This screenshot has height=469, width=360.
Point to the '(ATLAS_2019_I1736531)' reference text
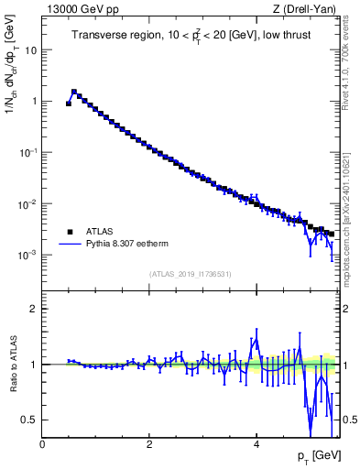[189, 274]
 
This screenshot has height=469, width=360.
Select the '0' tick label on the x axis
[42, 444]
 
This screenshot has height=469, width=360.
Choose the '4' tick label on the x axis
[256, 444]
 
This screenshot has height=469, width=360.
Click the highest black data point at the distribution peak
[74, 92]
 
